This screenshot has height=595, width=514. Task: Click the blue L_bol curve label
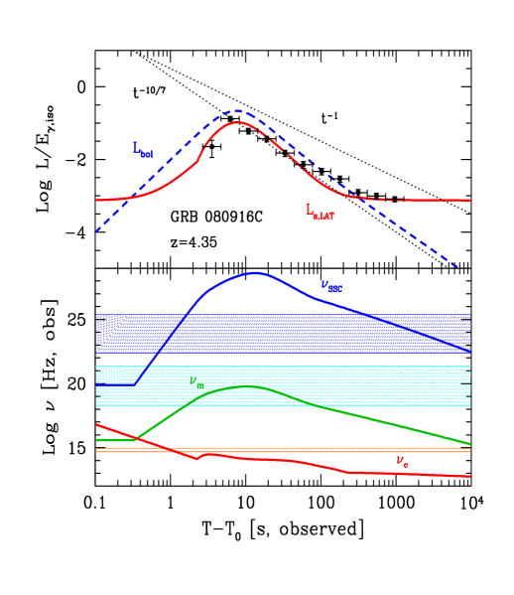pos(143,149)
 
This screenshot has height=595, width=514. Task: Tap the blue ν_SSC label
pos(331,286)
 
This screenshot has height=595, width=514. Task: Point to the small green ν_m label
pos(196,382)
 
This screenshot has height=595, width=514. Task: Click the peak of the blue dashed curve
pos(238,110)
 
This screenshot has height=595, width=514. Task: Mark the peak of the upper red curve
pos(238,122)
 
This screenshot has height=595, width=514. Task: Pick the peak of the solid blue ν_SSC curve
pos(256,272)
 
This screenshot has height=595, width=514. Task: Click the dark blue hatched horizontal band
pos(298,333)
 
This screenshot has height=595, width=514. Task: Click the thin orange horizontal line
pos(298,451)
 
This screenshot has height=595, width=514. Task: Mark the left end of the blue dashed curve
pos(96,232)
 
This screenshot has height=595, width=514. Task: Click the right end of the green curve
pos(469,444)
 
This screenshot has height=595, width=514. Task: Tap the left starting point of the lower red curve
pos(96,425)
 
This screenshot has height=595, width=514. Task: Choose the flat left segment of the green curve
pos(115,440)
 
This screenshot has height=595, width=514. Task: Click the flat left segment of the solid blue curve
pos(117,384)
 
